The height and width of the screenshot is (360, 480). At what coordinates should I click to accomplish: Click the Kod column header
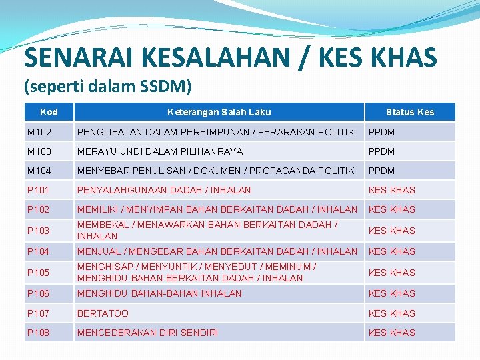(49, 112)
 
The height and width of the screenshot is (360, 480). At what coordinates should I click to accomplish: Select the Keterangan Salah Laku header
(219, 112)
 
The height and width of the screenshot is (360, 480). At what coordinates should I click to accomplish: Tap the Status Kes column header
(409, 112)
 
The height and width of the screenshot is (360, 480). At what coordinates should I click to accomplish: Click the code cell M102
(39, 132)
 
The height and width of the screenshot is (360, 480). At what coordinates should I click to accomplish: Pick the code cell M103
(39, 151)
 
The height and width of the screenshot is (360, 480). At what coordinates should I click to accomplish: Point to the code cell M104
(39, 171)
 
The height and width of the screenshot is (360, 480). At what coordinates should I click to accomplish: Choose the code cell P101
(39, 190)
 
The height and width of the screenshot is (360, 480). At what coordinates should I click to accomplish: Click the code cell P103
(39, 231)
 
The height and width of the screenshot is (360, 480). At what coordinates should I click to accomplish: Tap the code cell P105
(39, 273)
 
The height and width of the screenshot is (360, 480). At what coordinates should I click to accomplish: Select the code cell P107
(39, 313)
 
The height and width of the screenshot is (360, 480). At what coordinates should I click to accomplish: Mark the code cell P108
(39, 333)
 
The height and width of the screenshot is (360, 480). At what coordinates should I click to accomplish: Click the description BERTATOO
(103, 313)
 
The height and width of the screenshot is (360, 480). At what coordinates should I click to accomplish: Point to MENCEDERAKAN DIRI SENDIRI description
(147, 333)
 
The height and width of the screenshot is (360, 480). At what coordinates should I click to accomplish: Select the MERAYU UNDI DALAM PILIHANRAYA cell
(160, 151)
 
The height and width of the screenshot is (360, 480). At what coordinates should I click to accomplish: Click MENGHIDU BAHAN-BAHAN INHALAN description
(159, 293)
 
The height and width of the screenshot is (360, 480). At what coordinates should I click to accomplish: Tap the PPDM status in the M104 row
(381, 171)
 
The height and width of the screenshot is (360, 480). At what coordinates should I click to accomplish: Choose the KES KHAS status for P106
(391, 293)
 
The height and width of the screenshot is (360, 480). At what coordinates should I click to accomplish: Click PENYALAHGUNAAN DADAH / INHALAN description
(164, 190)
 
